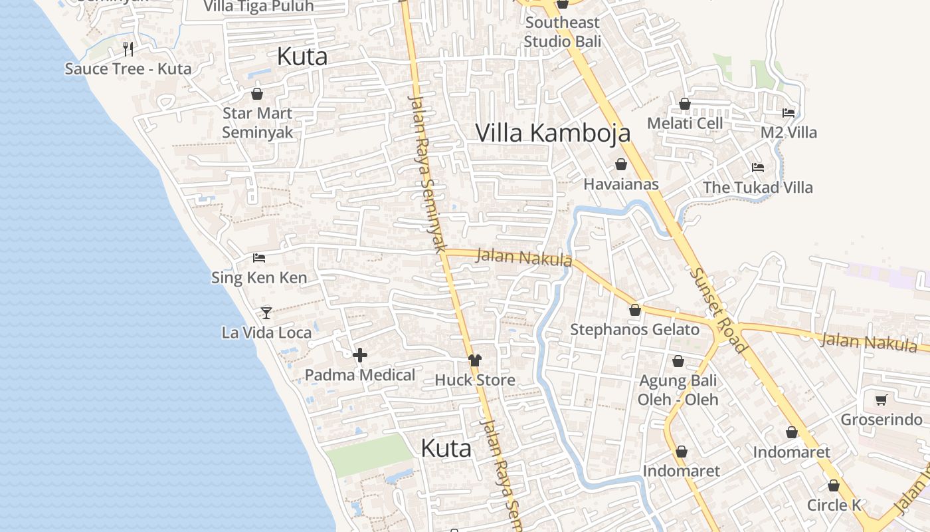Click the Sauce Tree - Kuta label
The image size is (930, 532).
[128, 68]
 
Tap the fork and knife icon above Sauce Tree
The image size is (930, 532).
[128, 49]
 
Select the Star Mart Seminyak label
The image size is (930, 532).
[257, 122]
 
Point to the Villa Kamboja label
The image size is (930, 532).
[553, 133]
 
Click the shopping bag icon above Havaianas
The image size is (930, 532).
[621, 164]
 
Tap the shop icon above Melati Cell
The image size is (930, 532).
[685, 104]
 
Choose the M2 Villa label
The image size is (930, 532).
[789, 132]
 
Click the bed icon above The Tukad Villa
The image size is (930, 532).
[758, 168]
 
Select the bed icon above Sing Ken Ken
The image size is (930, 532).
[259, 258]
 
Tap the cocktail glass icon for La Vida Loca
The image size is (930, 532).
[266, 313]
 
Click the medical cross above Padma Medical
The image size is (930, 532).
[360, 355]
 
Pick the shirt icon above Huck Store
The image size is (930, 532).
[474, 360]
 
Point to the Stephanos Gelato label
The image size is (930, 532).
[634, 329]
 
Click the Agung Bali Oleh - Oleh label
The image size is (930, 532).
[678, 390]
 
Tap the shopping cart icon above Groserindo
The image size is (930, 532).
[882, 400]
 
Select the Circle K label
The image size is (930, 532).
[834, 505]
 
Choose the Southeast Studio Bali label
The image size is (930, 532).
[562, 32]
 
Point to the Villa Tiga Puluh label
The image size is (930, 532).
[258, 7]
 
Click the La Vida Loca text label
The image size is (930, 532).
[266, 332]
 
